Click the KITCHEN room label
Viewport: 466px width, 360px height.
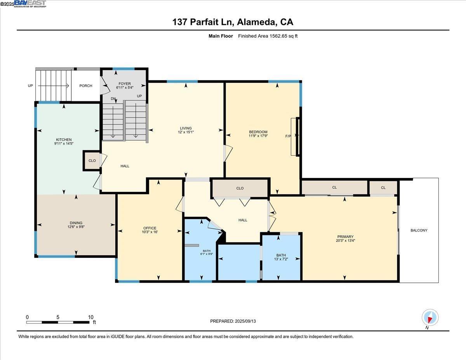64,139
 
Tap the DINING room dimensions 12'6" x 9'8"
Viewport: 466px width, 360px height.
76,227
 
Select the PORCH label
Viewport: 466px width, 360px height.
86,86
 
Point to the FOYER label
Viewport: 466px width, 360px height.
125,83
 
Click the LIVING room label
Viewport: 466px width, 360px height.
186,128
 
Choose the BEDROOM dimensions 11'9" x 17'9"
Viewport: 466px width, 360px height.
258,136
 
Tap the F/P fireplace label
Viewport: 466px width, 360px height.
288,136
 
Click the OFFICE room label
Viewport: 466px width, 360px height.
150,228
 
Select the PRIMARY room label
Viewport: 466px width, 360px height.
345,237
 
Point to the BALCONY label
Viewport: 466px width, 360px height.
419,230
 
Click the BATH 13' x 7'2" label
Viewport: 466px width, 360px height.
281,257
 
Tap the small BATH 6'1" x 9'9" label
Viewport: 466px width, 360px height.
207,252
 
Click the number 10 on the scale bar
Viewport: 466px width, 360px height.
91,317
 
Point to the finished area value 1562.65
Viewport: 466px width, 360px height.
278,36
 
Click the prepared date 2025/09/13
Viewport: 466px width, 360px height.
245,321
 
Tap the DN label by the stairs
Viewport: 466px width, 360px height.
113,99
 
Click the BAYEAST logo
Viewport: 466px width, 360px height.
30,3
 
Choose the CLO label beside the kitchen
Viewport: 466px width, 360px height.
92,161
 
